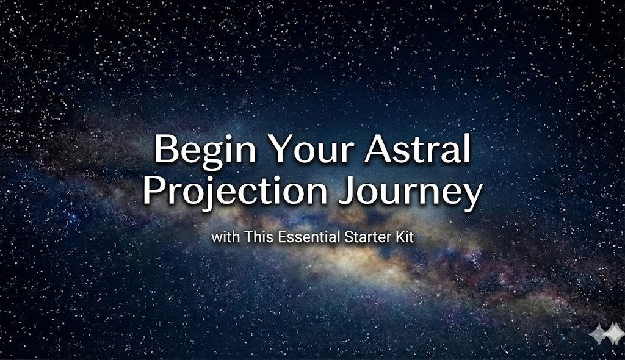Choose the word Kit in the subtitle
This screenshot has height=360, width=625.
[x=404, y=237]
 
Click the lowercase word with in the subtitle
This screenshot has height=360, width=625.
[x=225, y=237]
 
